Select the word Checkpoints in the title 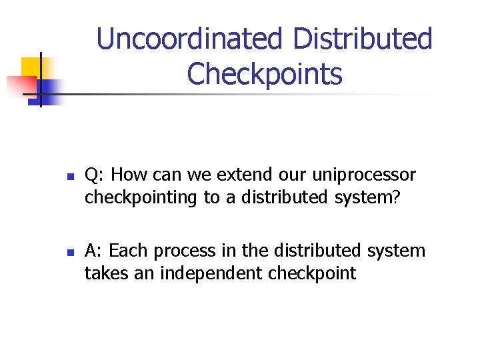265,74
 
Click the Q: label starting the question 95,175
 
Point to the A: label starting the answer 94,251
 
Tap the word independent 209,273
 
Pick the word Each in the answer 129,251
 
